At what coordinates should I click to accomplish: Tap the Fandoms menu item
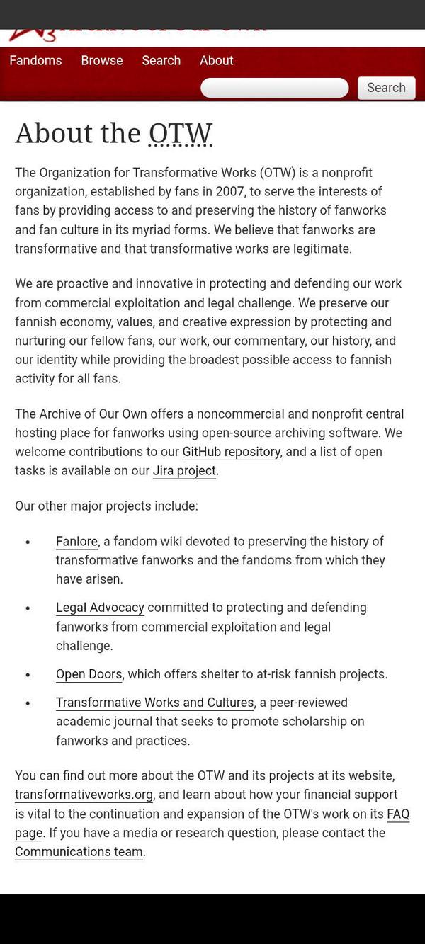(x=35, y=61)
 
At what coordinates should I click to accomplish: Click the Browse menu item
(x=102, y=61)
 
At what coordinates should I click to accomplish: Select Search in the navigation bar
(x=161, y=61)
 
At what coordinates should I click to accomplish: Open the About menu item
(x=216, y=61)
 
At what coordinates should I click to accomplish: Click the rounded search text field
(x=275, y=88)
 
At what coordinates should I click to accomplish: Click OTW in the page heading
(x=181, y=133)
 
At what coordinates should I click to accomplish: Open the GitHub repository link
(x=231, y=452)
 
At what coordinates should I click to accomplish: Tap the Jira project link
(x=184, y=471)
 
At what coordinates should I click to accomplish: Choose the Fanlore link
(x=76, y=542)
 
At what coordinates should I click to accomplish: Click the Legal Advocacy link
(x=100, y=608)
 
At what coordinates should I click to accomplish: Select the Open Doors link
(x=89, y=674)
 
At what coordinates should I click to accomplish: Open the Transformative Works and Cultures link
(x=154, y=703)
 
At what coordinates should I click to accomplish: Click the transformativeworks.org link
(x=84, y=795)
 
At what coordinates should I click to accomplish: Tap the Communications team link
(x=79, y=852)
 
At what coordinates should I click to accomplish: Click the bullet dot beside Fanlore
(x=28, y=542)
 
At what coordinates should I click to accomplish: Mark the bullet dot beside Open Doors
(x=28, y=675)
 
